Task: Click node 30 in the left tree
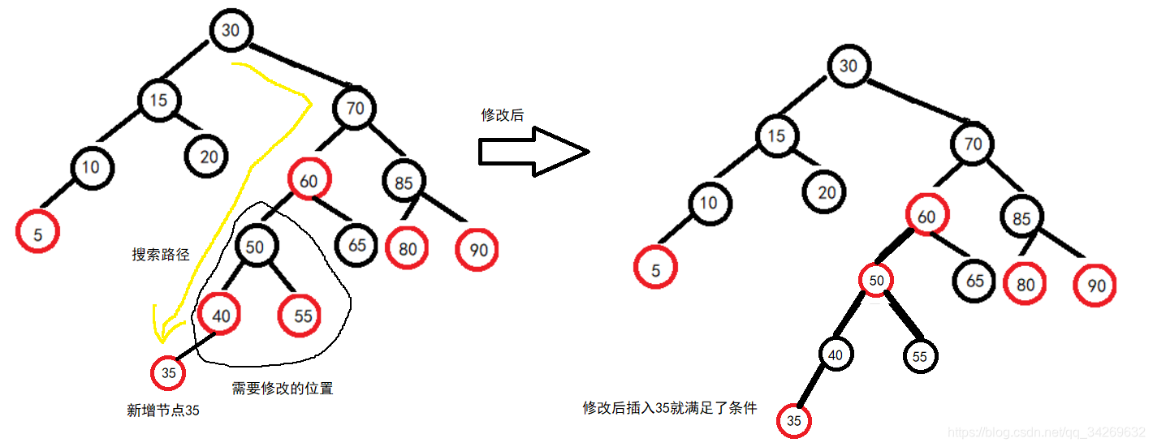[x=231, y=30]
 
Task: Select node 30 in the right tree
[x=849, y=67]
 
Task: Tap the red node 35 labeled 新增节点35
[x=168, y=373]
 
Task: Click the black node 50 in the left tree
[x=255, y=247]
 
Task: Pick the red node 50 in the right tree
[x=876, y=280]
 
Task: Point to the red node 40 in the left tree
[x=218, y=316]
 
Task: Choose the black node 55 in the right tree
[x=919, y=356]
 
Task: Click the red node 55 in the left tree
[x=302, y=316]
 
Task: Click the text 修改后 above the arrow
[x=503, y=115]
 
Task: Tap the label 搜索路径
[x=161, y=255]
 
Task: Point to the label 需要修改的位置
[x=283, y=389]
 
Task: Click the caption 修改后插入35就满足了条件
[x=670, y=408]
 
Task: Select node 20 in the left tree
[x=209, y=156]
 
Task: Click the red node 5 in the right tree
[x=656, y=271]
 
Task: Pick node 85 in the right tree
[x=1022, y=219]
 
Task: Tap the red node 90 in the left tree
[x=478, y=250]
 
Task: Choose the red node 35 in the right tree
[x=794, y=421]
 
